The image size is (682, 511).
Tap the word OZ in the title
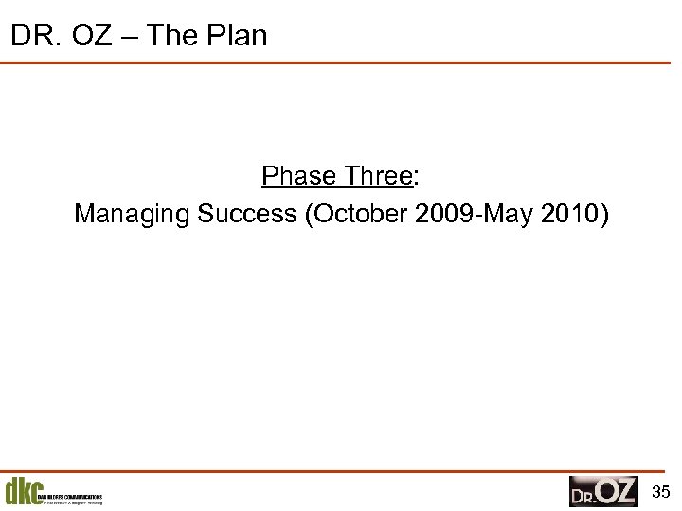pos(89,36)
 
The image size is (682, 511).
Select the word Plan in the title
pos(237,36)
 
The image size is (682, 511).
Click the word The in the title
pos(174,36)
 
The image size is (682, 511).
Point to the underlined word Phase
pos(298,176)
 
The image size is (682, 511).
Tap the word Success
pos(247,215)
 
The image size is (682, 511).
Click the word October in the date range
pos(362,215)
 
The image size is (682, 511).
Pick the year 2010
pos(568,215)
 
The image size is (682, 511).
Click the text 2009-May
pos(475,215)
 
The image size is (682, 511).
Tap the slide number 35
pos(662,491)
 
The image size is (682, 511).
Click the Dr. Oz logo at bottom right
pos(603,491)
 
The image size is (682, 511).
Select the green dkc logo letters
pos(23,492)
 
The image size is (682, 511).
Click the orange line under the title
pos(341,62)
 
